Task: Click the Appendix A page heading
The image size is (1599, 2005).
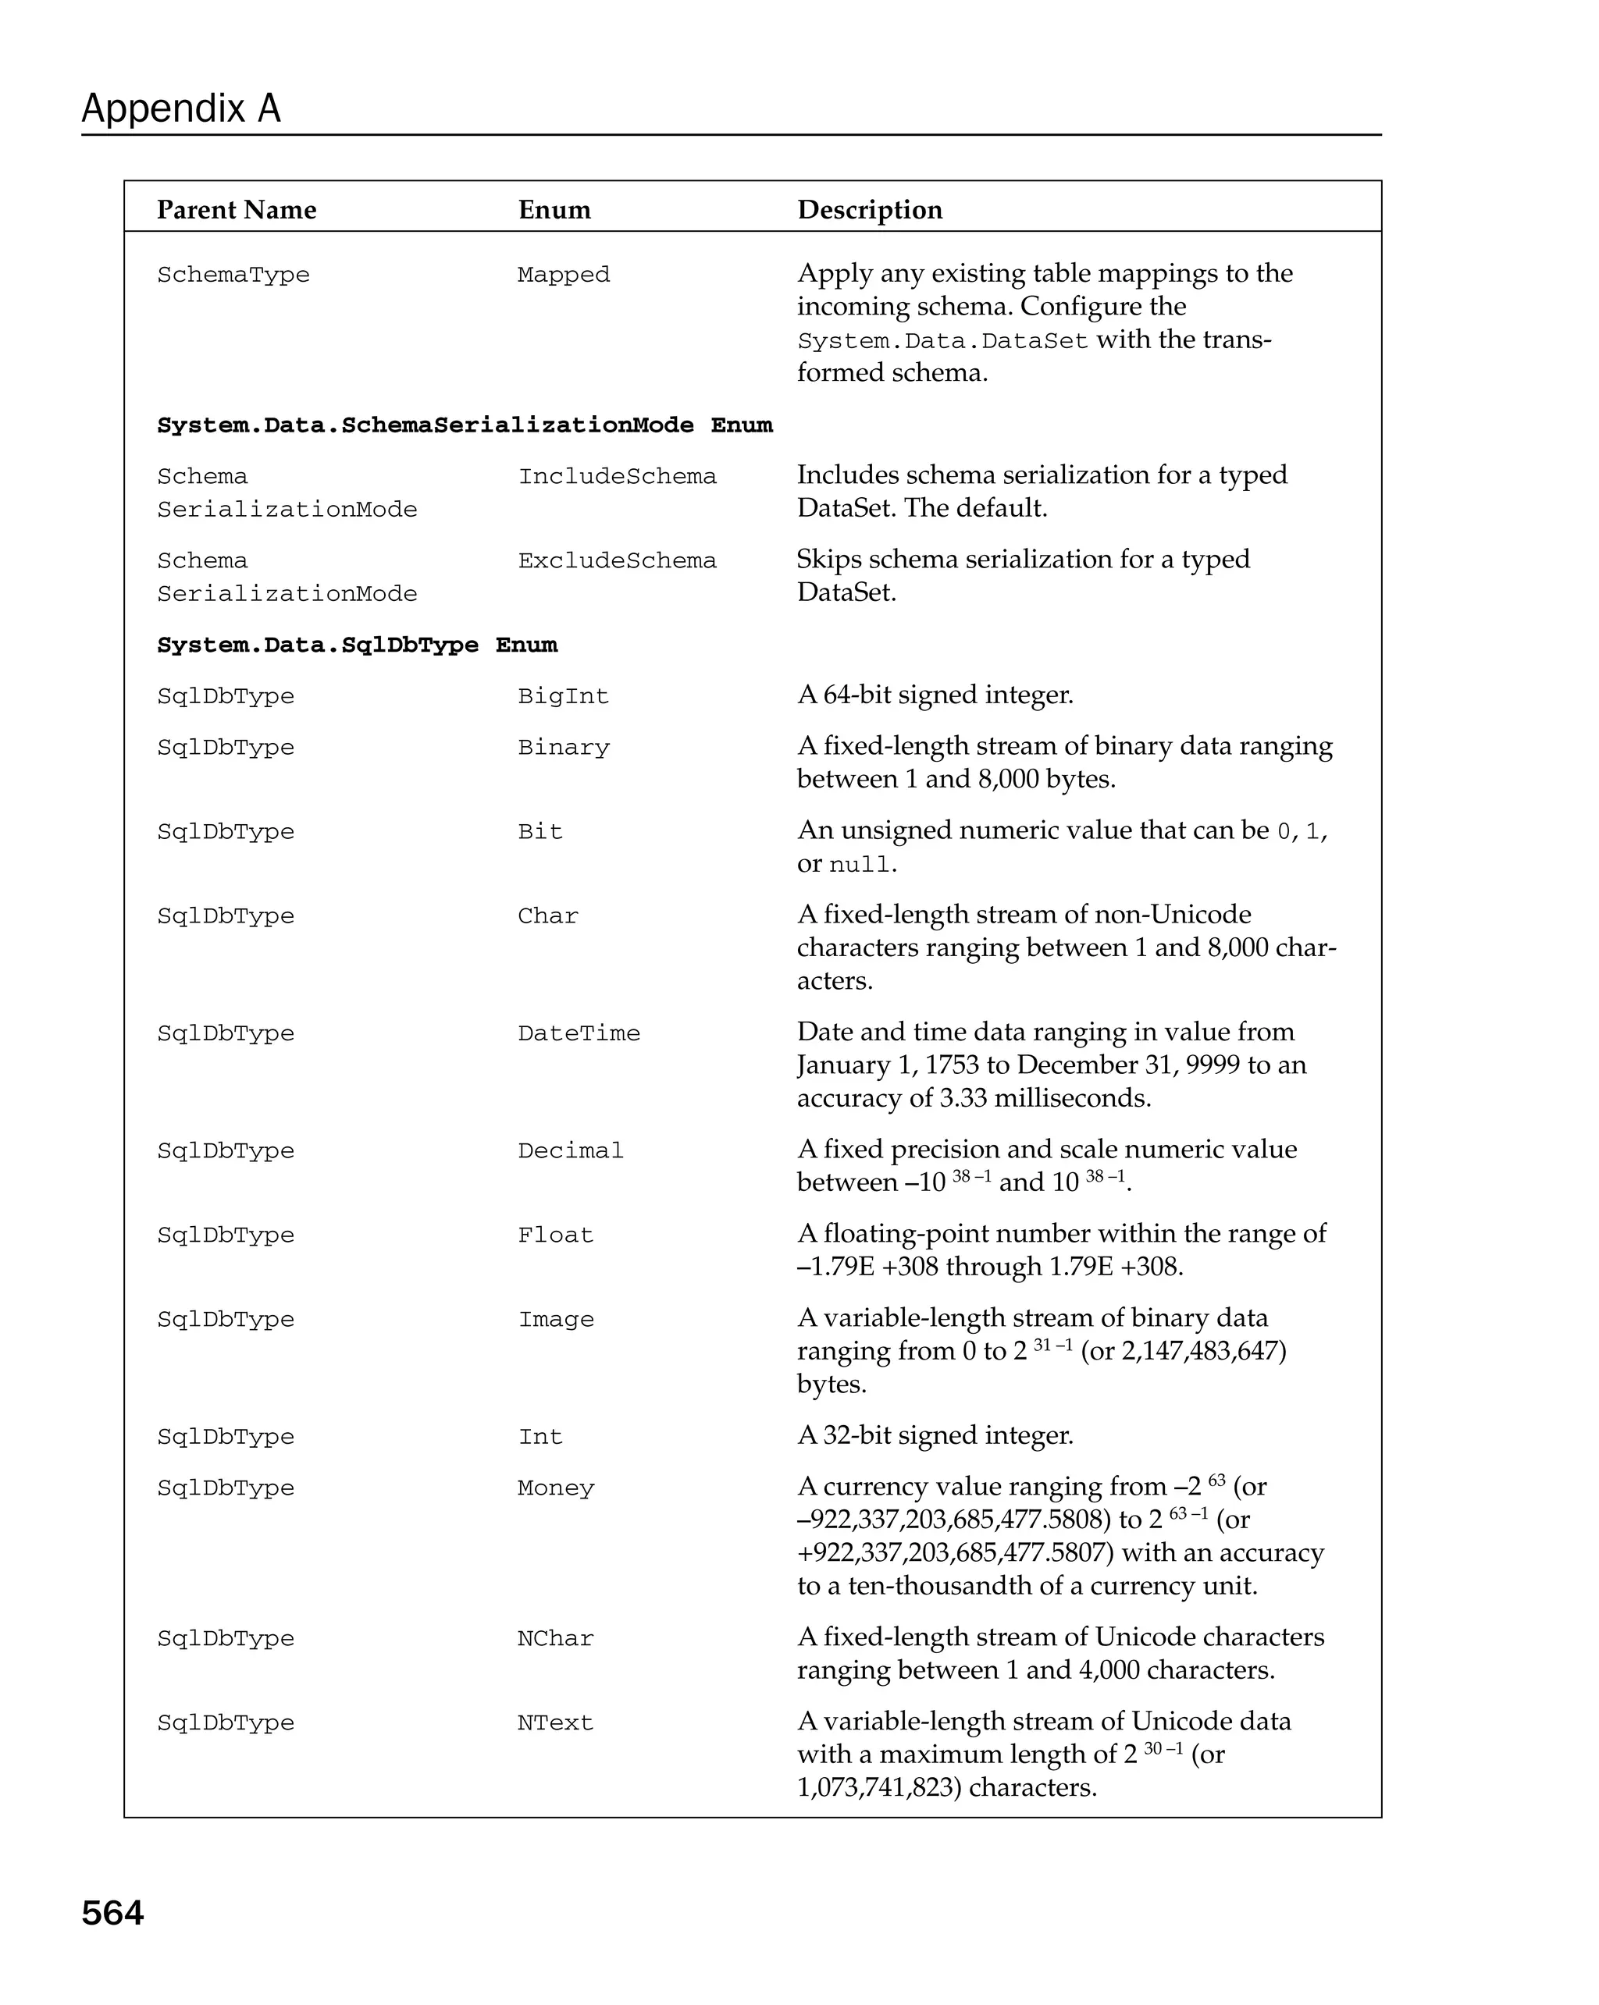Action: point(180,108)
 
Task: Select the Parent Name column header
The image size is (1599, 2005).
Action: point(237,210)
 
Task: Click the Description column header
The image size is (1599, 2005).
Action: point(870,210)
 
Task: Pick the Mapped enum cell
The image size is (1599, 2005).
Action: point(564,276)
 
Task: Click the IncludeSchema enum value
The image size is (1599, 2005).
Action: point(617,477)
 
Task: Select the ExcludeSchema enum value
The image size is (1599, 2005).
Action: point(617,562)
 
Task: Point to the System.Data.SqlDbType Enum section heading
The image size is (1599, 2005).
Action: point(357,645)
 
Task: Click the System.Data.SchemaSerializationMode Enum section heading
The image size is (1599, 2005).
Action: point(465,426)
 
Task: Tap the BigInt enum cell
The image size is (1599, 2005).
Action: point(563,696)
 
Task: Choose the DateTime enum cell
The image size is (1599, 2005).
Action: point(579,1034)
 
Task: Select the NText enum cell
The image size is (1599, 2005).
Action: point(554,1723)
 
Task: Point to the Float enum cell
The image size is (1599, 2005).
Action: point(555,1236)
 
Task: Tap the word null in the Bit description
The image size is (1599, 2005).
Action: point(860,865)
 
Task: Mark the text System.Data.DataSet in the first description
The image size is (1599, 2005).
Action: point(942,341)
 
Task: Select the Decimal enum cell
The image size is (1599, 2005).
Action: point(570,1151)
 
